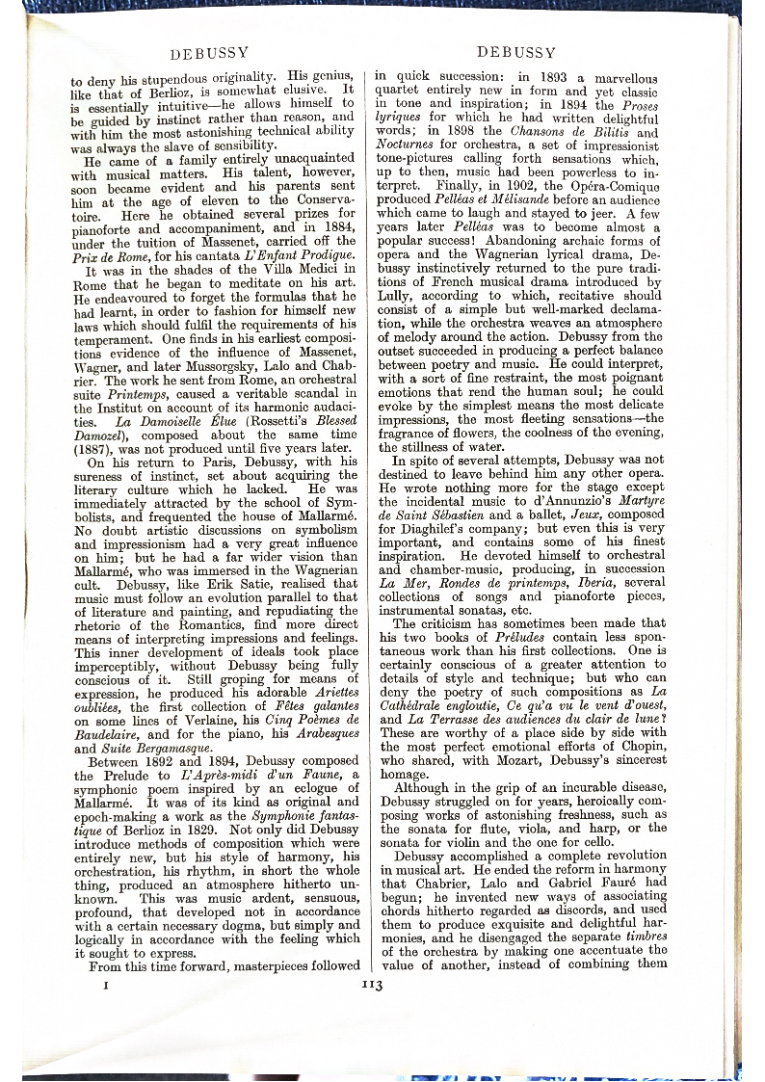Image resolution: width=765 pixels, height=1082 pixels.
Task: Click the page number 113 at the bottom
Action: [372, 985]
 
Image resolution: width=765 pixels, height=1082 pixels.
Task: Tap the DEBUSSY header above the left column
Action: [210, 51]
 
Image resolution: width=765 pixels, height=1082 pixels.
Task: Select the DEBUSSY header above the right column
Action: [515, 51]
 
